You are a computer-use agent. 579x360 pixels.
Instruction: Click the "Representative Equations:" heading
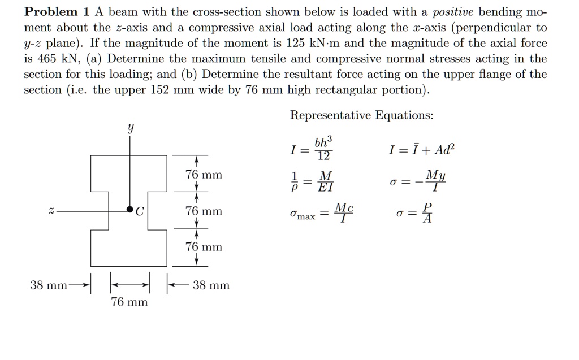(362, 115)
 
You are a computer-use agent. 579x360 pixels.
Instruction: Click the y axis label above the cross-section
(131, 129)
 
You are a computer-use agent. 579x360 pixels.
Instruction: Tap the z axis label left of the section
(51, 210)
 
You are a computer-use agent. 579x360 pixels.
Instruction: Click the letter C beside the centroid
(140, 211)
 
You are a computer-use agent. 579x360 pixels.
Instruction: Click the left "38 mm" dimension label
(49, 285)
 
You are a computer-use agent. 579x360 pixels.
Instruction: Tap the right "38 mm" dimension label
(210, 285)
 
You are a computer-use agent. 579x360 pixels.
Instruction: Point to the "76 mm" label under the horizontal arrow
(129, 302)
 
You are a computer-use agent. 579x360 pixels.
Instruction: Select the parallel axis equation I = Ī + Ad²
(421, 150)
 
